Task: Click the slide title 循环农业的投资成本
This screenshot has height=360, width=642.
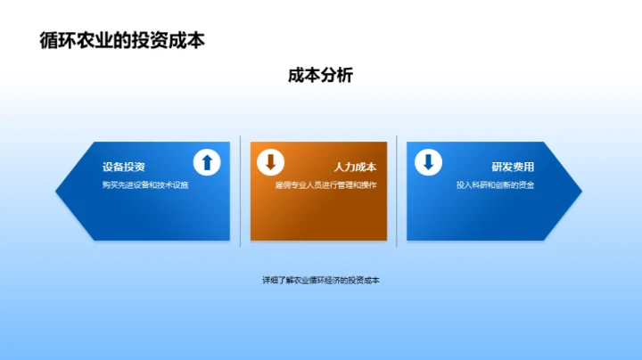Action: pyautogui.click(x=122, y=41)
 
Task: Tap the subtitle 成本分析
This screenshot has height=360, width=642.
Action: pyautogui.click(x=321, y=76)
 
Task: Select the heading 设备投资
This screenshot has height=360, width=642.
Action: pyautogui.click(x=124, y=167)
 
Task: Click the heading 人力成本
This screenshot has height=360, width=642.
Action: pyautogui.click(x=355, y=167)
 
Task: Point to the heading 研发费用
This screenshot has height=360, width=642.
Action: pyautogui.click(x=513, y=167)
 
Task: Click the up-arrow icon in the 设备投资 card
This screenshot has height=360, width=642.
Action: pyautogui.click(x=207, y=161)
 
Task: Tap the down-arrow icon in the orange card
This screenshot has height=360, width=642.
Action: pyautogui.click(x=270, y=161)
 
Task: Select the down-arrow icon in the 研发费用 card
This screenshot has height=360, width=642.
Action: pyautogui.click(x=428, y=161)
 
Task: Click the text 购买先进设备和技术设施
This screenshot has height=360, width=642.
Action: pyautogui.click(x=145, y=185)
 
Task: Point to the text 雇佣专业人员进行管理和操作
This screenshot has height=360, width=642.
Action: pyautogui.click(x=326, y=185)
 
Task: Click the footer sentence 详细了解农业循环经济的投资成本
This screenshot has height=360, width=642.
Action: pyautogui.click(x=321, y=280)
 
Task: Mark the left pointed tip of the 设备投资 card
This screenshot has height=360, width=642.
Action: pyautogui.click(x=58, y=190)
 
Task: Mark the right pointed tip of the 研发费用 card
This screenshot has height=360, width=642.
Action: pyautogui.click(x=580, y=190)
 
